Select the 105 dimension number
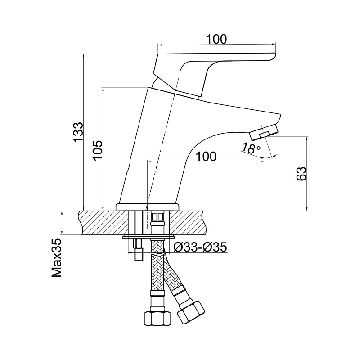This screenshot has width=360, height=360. [98, 150]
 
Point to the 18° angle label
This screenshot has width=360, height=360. [251, 148]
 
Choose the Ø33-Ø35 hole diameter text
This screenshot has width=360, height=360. [200, 247]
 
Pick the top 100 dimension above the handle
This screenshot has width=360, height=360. [216, 39]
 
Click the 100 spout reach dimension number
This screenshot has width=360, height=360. [206, 157]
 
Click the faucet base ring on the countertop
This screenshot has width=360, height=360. [148, 207]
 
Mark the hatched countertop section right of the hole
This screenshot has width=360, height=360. [186, 223]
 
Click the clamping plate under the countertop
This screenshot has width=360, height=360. [148, 237]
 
